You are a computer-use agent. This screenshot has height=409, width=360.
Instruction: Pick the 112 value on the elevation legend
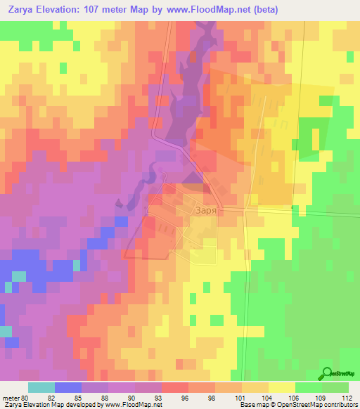tap(346, 398)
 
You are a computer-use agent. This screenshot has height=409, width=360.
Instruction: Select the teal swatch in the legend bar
tap(41, 387)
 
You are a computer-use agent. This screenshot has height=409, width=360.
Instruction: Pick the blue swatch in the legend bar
tap(67, 387)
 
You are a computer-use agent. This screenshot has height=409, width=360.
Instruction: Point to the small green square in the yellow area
tap(63, 68)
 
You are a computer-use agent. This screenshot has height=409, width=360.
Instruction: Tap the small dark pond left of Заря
tap(120, 204)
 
